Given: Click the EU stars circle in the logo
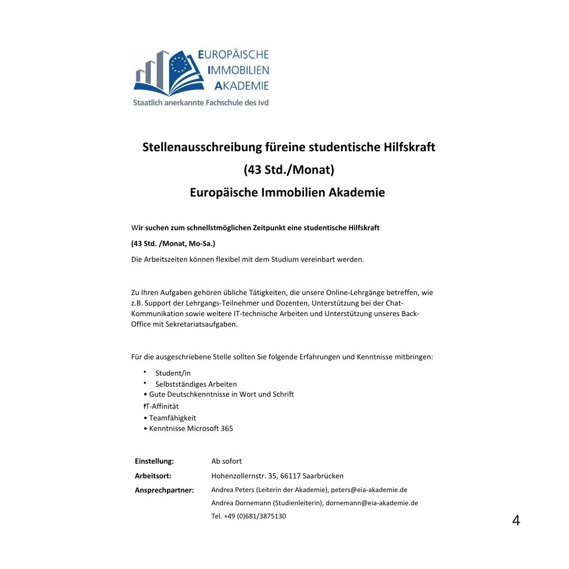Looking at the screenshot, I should tap(179, 64).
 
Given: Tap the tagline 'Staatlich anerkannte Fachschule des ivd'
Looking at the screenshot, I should tap(201, 103).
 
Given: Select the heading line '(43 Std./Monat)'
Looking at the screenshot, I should tap(289, 170).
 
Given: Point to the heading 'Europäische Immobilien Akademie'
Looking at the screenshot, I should tap(287, 192).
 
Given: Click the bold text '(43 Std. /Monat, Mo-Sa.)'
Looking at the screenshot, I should tap(173, 243).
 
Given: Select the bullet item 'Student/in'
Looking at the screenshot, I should tap(173, 373).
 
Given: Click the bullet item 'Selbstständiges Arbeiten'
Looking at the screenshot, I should tap(196, 384).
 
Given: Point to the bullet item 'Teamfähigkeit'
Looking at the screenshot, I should tap(172, 418).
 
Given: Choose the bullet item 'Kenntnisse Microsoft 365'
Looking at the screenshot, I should tap(191, 428).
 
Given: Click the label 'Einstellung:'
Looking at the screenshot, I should tap(154, 461).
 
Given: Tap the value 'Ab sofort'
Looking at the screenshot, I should tap(227, 461).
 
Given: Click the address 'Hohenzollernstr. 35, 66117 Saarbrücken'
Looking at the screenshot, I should tap(277, 476).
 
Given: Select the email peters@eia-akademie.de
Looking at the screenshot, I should tap(369, 490).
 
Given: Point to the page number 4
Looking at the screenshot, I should tap(516, 521).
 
